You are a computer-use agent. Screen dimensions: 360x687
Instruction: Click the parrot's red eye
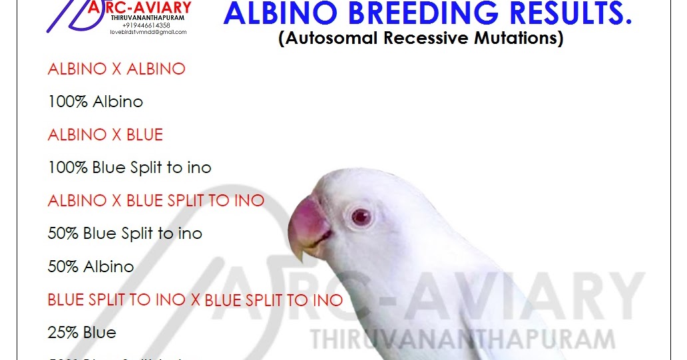360,216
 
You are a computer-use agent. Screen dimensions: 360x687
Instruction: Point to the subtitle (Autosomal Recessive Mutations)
421,39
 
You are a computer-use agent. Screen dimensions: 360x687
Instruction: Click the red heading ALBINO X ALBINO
116,69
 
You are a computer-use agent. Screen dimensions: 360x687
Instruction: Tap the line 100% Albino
95,102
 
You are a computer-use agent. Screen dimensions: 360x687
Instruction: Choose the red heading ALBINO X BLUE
105,135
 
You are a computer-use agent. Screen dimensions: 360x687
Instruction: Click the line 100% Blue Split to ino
129,168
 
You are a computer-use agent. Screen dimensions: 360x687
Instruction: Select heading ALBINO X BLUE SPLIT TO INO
156,200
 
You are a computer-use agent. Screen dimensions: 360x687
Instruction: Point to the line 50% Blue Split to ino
124,234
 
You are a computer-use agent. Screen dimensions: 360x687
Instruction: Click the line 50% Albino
91,267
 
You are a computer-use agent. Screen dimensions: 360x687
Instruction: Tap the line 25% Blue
82,332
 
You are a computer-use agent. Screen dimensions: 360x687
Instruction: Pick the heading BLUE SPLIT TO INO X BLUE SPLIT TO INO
195,299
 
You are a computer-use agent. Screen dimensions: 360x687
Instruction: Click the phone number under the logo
150,25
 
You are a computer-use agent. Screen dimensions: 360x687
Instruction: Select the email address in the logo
148,32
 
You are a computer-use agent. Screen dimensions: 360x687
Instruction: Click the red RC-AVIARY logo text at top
153,8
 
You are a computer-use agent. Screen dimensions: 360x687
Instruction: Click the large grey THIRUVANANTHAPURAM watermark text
463,339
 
